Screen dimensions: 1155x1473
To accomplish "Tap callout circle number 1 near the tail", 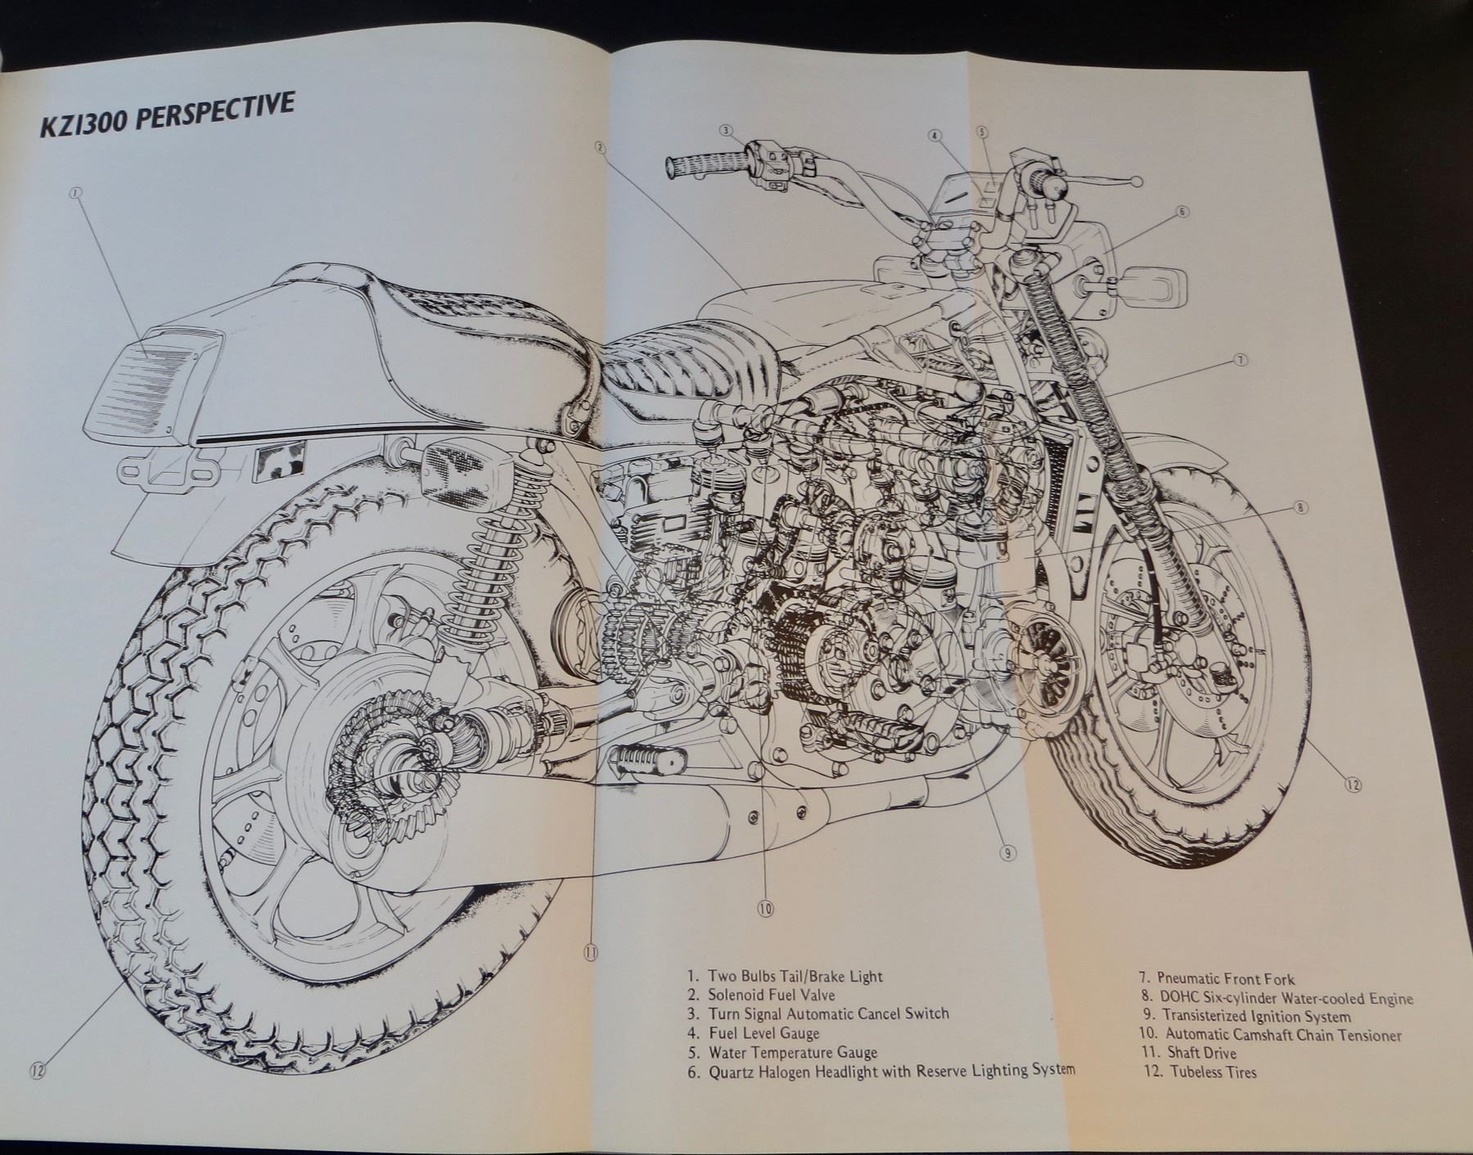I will pos(75,194).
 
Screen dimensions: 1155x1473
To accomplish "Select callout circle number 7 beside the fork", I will pos(1241,360).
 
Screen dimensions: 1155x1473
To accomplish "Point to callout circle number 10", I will pos(764,908).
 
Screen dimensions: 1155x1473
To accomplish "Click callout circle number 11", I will pos(591,951).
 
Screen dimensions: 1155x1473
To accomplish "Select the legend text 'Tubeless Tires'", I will pos(1211,1072).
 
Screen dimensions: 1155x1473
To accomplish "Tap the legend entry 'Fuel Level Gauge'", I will pos(764,1033).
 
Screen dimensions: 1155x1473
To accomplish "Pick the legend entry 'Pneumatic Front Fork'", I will pos(1224,978).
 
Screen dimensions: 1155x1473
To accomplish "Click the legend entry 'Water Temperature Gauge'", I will pos(792,1053).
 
